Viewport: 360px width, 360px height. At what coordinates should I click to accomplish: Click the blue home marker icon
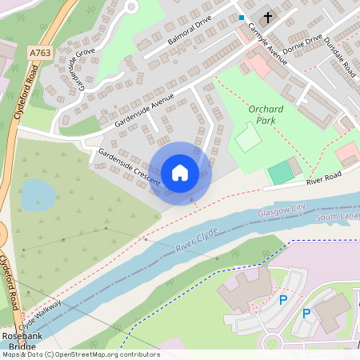[x=180, y=173]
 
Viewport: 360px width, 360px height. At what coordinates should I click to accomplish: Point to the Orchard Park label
[x=266, y=115]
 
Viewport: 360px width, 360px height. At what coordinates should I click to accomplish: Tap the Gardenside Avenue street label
[x=144, y=114]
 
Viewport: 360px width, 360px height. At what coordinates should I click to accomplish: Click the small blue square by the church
[x=242, y=17]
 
